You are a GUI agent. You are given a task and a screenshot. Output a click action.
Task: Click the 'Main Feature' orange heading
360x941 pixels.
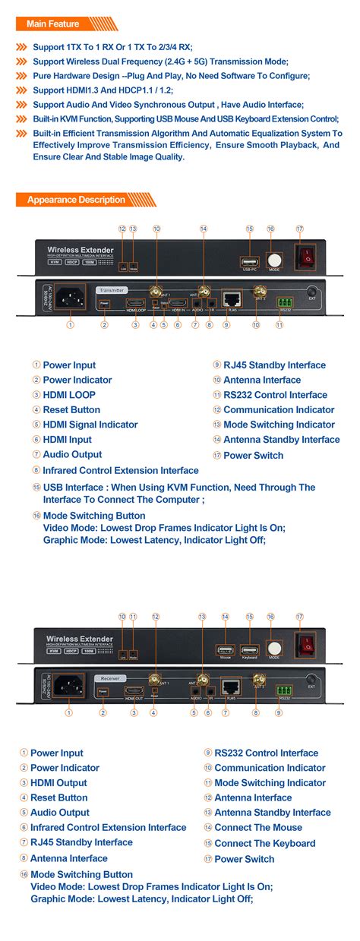pos(52,24)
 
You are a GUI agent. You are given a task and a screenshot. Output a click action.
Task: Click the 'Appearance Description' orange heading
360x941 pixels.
pos(76,200)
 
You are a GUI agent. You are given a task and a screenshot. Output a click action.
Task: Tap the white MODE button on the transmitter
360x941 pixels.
pos(273,259)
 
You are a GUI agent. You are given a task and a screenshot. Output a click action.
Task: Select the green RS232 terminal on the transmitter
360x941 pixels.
pos(284,300)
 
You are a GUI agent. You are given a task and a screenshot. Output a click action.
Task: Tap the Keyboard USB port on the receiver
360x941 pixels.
pos(249,650)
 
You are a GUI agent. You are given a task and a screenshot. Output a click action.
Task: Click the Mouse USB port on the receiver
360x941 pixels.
pos(225,650)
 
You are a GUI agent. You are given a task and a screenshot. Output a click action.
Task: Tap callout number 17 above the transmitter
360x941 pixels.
pos(299,229)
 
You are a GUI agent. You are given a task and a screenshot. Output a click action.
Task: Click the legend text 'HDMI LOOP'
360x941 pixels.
pos(69,395)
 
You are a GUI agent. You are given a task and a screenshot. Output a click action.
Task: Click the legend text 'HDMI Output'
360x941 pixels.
pos(58,782)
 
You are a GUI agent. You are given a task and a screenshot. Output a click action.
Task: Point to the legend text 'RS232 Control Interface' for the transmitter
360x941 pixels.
pos(275,395)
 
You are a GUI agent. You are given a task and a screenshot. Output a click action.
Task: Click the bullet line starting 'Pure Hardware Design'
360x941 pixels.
pos(171,76)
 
